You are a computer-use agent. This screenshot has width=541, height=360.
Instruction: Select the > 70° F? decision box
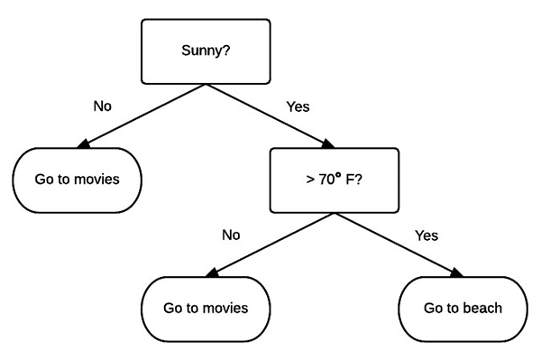[x=334, y=181]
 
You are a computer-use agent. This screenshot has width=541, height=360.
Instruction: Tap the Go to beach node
[x=463, y=309]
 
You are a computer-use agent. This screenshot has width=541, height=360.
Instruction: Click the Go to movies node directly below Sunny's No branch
[x=78, y=179]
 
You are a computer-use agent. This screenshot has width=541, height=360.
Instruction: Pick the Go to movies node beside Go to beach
[x=206, y=309]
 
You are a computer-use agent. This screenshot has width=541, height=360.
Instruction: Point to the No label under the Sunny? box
[x=103, y=106]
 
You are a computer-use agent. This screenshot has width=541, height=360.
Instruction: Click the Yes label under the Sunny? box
[x=298, y=106]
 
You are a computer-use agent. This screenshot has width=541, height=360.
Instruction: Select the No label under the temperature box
[x=231, y=235]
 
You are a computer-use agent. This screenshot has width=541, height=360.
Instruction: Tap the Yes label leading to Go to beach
[x=426, y=235]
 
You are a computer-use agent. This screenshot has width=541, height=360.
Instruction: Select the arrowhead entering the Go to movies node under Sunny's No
[x=86, y=144]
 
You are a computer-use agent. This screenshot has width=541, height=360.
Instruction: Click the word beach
[x=482, y=309]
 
